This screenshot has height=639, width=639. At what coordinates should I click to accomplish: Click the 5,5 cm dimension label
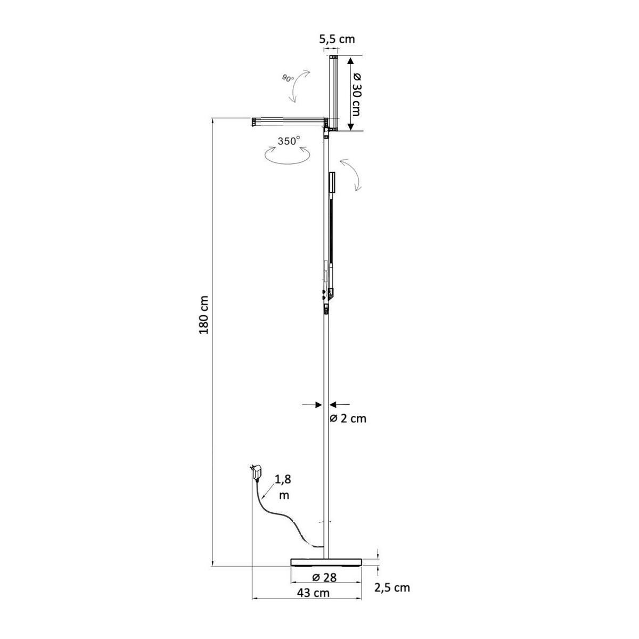(337, 39)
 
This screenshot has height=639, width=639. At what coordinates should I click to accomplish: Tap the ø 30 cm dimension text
(356, 94)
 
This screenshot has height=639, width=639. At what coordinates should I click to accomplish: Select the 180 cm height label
(203, 315)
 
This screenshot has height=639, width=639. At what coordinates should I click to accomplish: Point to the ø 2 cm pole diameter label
(348, 419)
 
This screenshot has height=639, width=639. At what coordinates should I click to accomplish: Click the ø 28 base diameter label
(324, 578)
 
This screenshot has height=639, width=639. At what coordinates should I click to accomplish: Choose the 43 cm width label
(313, 593)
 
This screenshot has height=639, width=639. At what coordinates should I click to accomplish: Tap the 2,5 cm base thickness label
(392, 588)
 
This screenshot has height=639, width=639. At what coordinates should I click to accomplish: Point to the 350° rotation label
(289, 141)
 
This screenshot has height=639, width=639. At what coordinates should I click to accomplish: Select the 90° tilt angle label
(288, 78)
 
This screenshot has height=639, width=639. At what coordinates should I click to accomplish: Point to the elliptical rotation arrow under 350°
(286, 155)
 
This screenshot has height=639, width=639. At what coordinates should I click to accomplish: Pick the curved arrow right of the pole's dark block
(351, 175)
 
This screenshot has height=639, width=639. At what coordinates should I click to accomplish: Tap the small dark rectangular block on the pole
(332, 182)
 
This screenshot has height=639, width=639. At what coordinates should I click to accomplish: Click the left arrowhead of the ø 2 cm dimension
(319, 405)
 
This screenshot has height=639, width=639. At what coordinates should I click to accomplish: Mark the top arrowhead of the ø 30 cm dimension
(351, 61)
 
